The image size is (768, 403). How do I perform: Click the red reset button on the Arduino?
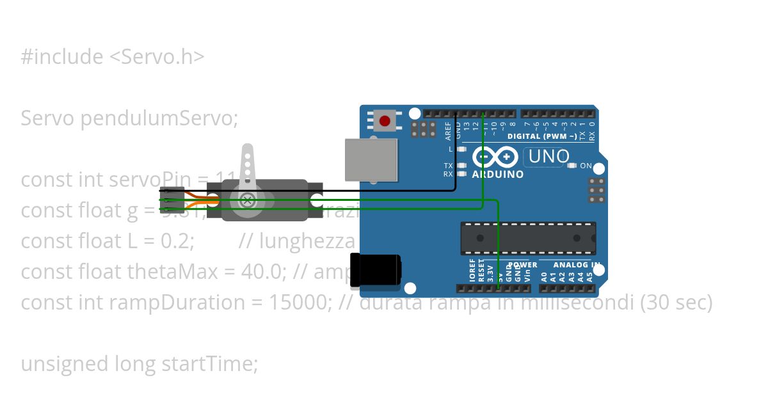(x=385, y=120)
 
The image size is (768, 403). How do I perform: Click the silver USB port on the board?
(x=371, y=160)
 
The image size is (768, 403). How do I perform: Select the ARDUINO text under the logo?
(x=497, y=174)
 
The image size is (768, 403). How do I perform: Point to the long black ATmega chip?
(x=528, y=238)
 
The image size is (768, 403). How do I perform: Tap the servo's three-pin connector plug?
(x=172, y=200)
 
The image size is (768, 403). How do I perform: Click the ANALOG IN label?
(x=577, y=265)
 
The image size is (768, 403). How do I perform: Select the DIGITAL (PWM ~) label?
(x=542, y=136)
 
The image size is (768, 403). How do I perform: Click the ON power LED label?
(x=586, y=166)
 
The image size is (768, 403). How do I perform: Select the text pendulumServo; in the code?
(x=159, y=118)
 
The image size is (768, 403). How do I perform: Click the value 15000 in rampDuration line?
(x=296, y=302)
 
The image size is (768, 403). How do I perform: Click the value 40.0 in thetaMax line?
(x=253, y=271)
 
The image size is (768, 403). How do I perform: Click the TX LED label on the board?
(x=448, y=165)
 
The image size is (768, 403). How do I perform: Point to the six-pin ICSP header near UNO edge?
(x=596, y=190)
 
